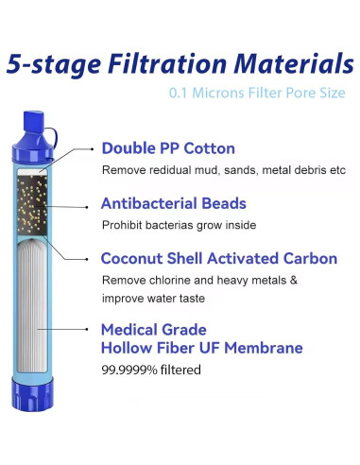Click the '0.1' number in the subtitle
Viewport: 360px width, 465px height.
click(x=180, y=94)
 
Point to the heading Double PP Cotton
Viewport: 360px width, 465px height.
click(x=168, y=148)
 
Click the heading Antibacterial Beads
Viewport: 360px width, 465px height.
click(x=174, y=203)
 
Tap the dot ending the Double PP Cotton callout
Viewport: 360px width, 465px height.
click(x=91, y=149)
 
